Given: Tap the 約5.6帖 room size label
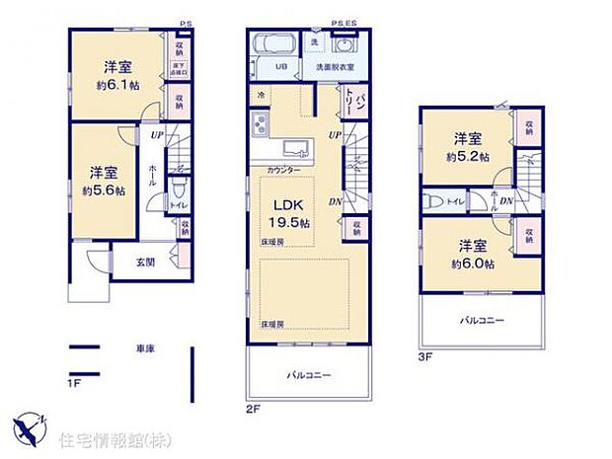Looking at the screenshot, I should point(103,191).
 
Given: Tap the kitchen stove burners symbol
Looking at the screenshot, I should point(262,126).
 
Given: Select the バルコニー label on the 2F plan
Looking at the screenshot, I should point(308,375).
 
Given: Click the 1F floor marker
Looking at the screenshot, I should point(74,381).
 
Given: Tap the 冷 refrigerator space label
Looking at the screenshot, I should point(262,95).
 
